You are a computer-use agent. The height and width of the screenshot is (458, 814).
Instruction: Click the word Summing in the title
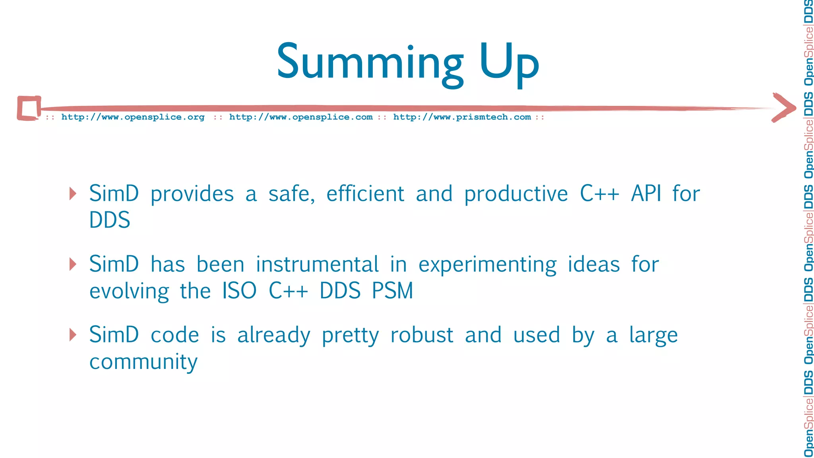click(370, 63)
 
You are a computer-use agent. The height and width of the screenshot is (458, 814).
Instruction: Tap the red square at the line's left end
click(29, 108)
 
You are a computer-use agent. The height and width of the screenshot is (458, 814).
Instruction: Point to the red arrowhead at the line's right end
click(784, 107)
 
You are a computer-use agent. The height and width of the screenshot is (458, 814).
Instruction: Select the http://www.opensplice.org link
click(133, 117)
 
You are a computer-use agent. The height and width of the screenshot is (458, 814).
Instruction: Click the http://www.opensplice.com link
click(301, 117)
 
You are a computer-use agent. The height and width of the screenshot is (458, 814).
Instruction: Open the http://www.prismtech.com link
click(462, 117)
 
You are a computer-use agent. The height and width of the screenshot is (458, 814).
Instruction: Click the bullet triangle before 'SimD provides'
click(73, 194)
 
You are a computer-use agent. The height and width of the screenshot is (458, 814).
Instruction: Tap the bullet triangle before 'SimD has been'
click(73, 264)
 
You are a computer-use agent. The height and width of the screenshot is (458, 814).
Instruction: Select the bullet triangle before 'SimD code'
click(73, 334)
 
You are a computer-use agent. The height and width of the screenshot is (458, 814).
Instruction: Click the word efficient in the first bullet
click(365, 194)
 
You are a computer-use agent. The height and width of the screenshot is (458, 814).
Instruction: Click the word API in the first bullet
click(646, 194)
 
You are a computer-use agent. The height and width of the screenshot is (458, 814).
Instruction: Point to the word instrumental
click(317, 264)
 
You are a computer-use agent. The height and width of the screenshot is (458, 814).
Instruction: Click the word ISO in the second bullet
click(239, 291)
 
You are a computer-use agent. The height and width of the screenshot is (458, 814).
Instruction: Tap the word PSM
click(392, 291)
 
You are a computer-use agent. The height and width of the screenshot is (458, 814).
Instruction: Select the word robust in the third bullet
click(421, 335)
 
